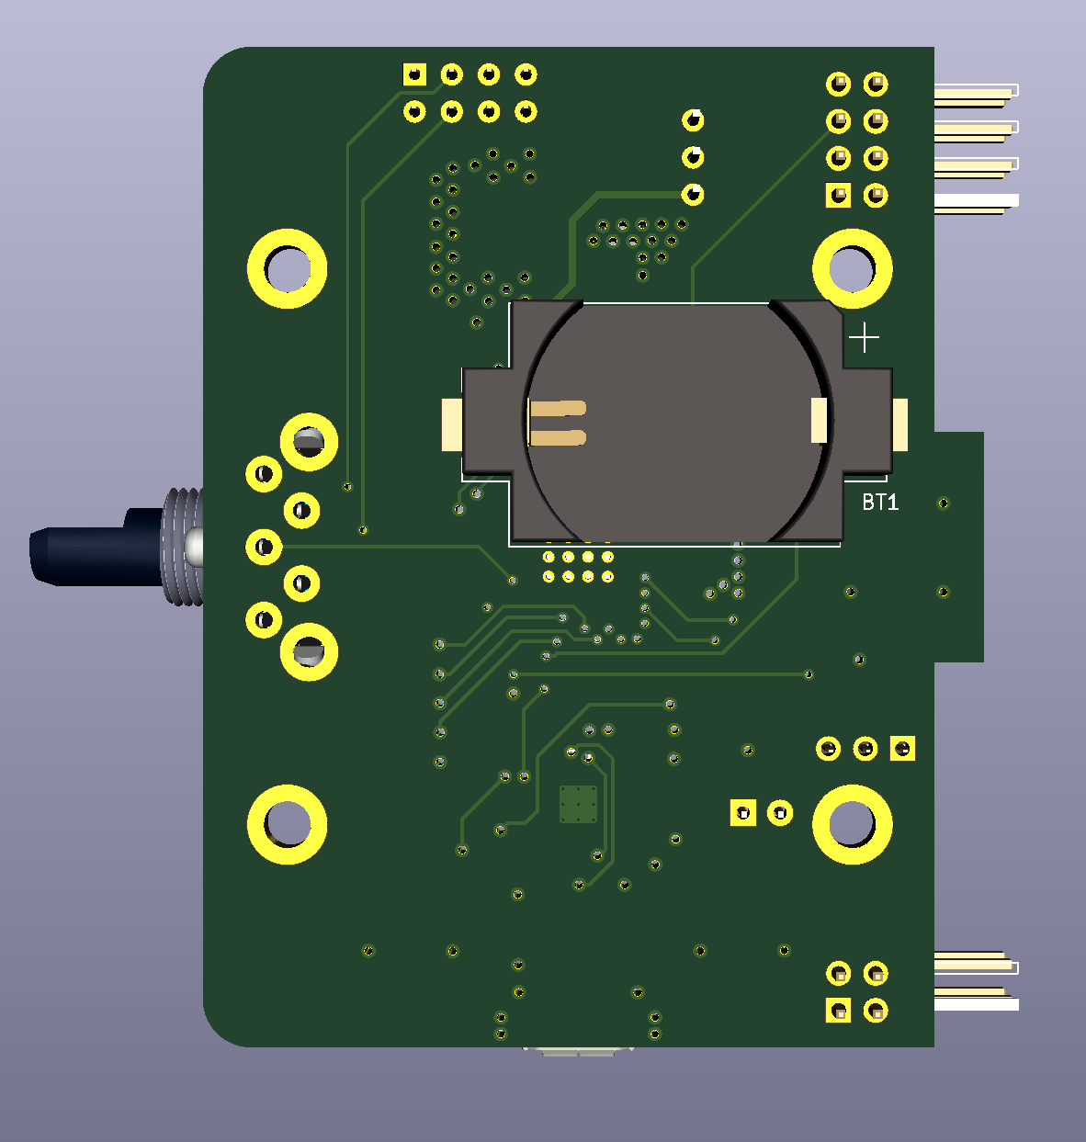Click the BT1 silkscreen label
(x=879, y=502)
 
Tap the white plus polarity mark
(x=864, y=337)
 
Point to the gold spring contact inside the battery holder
(x=557, y=423)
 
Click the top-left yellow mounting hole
(x=287, y=268)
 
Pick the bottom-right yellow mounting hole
(x=852, y=824)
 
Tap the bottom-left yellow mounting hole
(x=287, y=824)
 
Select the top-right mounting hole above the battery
(x=852, y=268)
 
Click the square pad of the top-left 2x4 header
(x=414, y=74)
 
